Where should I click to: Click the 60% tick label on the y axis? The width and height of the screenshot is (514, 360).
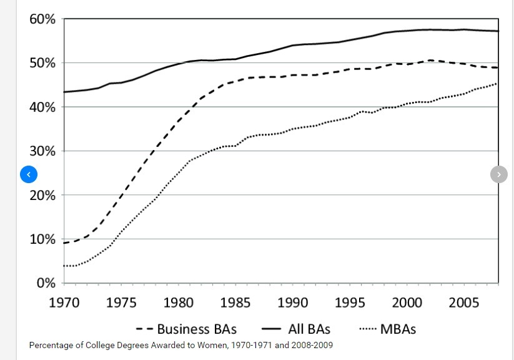coord(42,19)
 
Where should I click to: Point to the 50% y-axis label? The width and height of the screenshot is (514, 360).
coord(42,63)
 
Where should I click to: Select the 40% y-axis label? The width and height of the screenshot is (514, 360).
coord(42,107)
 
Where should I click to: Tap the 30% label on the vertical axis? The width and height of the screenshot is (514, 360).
coord(42,151)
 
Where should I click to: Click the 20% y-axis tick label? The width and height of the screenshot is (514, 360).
coord(42,195)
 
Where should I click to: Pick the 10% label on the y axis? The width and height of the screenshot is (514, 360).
coord(42,239)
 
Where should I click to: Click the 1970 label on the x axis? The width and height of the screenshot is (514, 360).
coord(64,303)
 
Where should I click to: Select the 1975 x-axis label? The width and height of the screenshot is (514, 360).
coord(121,303)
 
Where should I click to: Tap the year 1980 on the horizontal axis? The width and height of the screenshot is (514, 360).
coord(179,303)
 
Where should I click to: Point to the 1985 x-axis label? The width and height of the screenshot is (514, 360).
coord(235,303)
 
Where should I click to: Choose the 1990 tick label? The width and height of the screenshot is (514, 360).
coord(293,303)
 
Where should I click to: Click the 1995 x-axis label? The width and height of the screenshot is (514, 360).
coord(350,303)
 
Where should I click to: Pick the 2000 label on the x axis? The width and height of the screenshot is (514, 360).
coord(407,303)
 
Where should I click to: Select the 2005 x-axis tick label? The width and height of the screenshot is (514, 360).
coord(464,303)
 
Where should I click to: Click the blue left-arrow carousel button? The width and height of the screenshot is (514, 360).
coord(29,174)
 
